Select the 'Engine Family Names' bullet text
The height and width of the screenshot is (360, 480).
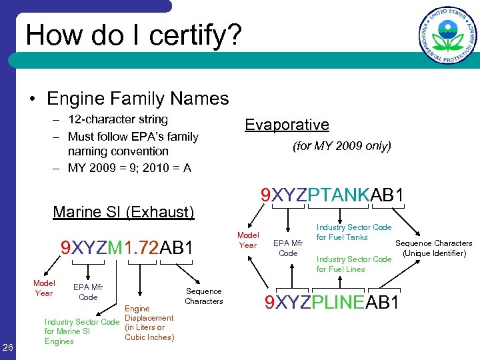click(137, 99)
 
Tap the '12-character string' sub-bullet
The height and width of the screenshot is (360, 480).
click(117, 119)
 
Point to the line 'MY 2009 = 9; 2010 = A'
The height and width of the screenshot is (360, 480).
click(129, 167)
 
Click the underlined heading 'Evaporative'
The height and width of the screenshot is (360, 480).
click(287, 125)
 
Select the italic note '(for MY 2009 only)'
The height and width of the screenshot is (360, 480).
click(342, 145)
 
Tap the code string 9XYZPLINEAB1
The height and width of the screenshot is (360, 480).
click(332, 303)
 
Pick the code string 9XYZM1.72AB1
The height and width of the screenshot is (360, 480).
click(127, 248)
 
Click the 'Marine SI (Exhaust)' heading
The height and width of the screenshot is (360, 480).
click(123, 213)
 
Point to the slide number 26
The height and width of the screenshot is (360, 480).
click(9, 346)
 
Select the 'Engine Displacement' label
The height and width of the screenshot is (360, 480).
click(149, 323)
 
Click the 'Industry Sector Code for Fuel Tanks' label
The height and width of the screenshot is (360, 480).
click(353, 232)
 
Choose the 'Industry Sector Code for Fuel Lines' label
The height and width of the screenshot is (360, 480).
click(353, 264)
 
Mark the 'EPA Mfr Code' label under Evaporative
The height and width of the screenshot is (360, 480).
click(288, 248)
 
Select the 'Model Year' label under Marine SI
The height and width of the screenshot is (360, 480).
click(44, 288)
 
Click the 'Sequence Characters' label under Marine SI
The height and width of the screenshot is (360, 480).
click(203, 296)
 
